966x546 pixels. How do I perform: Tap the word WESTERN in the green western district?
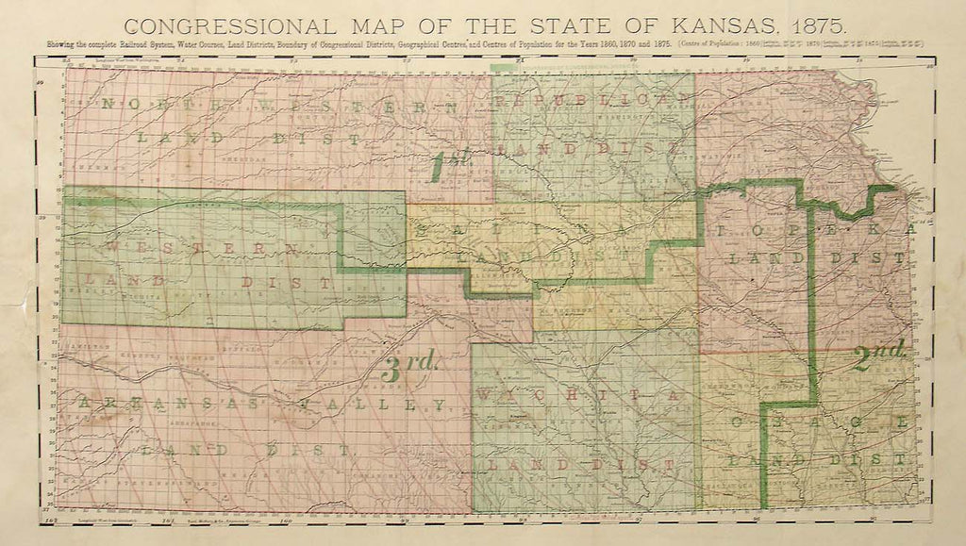203,247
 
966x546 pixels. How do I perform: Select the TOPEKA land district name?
815,230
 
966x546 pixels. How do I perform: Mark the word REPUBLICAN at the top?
590,99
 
